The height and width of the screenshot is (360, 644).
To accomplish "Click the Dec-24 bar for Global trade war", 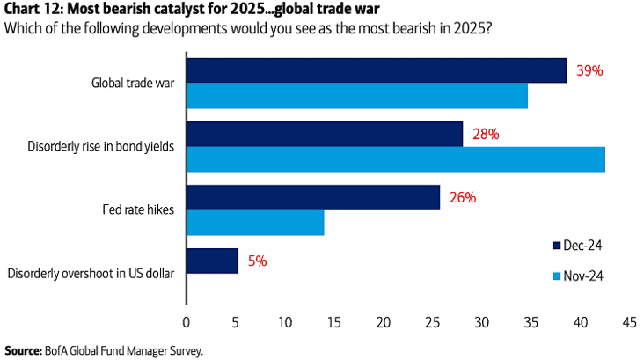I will pyautogui.click(x=377, y=71).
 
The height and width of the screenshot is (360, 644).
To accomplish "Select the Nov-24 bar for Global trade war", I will pyautogui.click(x=356, y=96).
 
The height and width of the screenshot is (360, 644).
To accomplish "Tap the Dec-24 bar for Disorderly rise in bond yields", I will pyautogui.click(x=325, y=135).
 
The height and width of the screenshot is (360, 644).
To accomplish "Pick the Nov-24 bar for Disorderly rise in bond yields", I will pyautogui.click(x=396, y=159).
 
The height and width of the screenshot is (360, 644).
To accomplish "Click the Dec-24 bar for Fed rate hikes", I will pyautogui.click(x=313, y=198).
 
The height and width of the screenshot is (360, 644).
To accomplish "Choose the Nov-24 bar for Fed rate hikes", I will pyautogui.click(x=255, y=223).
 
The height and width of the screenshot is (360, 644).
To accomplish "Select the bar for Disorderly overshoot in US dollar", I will pyautogui.click(x=212, y=261).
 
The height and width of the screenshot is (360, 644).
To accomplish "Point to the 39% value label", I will pyautogui.click(x=589, y=71).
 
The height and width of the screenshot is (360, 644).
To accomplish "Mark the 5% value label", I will pyautogui.click(x=257, y=261).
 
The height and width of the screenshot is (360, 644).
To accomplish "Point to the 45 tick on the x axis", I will pyautogui.click(x=629, y=323).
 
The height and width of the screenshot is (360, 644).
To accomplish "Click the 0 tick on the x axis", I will pyautogui.click(x=187, y=323).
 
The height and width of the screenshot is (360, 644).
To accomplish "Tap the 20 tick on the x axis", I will pyautogui.click(x=384, y=323).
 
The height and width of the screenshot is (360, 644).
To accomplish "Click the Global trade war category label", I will pyautogui.click(x=132, y=84).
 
